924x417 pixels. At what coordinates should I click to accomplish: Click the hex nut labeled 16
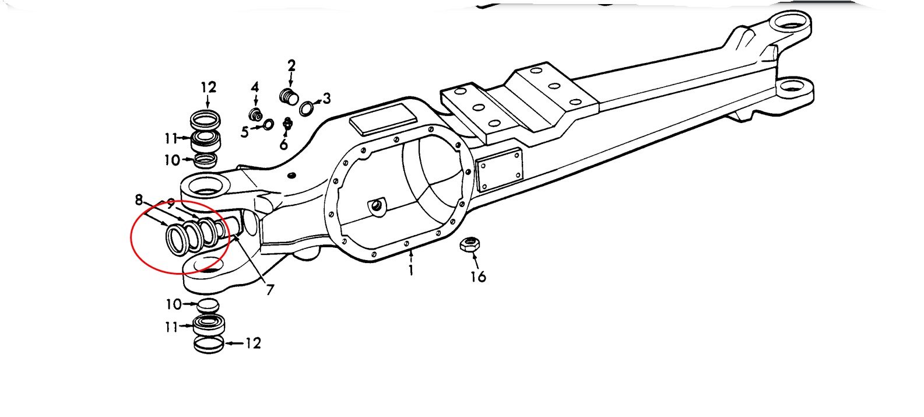469,245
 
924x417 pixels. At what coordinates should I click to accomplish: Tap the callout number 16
478,276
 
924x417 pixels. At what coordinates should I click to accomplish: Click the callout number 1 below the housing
411,270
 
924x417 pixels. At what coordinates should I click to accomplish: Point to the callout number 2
291,65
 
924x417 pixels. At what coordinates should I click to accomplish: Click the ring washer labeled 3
307,108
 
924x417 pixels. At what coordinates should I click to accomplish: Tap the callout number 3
326,99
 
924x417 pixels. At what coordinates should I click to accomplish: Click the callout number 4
255,87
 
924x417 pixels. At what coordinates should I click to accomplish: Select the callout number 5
244,132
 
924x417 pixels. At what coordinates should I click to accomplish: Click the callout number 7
270,289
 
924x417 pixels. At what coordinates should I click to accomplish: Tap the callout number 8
139,200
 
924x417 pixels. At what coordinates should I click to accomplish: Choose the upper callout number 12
208,87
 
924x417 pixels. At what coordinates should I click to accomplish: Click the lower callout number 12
252,343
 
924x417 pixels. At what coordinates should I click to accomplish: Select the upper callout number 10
172,160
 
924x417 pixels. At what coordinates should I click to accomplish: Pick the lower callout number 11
171,327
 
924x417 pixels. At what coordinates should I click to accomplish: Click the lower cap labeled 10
208,304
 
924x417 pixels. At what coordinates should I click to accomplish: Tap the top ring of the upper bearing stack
206,120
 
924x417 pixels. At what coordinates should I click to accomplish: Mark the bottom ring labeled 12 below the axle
209,344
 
